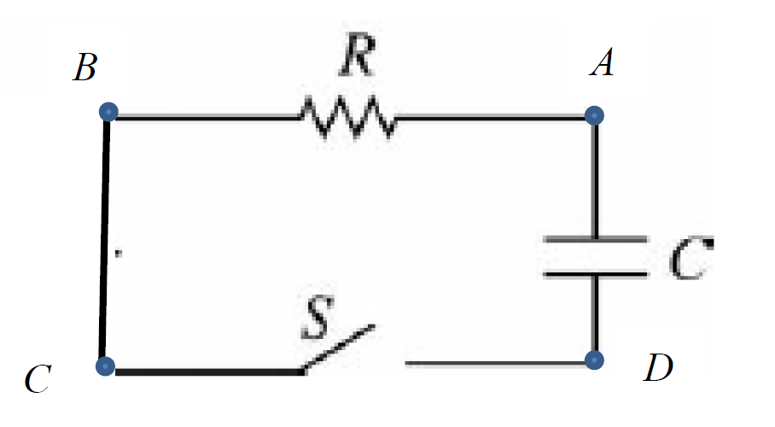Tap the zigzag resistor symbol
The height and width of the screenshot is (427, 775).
(x=347, y=118)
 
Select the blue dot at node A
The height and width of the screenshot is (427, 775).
(x=596, y=114)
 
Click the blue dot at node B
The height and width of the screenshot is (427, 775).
(x=108, y=112)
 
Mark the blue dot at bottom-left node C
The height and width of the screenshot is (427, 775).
(x=104, y=366)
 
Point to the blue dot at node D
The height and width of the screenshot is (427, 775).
(x=596, y=359)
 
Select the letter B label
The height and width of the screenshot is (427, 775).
(x=84, y=67)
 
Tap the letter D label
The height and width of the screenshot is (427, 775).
(x=657, y=368)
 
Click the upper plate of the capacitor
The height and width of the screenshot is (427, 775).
(x=595, y=238)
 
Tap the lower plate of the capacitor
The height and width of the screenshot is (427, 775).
(x=595, y=274)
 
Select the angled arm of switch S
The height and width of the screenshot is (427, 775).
(x=338, y=348)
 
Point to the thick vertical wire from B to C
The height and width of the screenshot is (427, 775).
(x=106, y=239)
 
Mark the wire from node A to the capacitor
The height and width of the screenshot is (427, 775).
(x=596, y=175)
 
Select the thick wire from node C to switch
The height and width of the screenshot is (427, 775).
(x=205, y=371)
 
